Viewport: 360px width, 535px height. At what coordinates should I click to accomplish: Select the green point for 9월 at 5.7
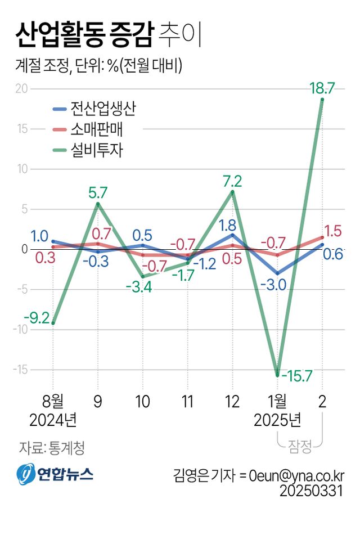[98, 204]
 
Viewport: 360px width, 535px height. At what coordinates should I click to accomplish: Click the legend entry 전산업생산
[103, 109]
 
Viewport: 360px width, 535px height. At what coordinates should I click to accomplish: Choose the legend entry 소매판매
[97, 130]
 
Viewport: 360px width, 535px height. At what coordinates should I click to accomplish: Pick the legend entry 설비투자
[97, 150]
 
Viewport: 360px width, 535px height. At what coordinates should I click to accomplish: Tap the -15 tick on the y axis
[20, 370]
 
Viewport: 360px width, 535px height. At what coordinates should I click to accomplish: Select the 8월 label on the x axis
[53, 401]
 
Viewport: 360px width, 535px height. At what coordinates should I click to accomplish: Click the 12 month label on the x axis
[232, 401]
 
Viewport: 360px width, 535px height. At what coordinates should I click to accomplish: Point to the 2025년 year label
[278, 420]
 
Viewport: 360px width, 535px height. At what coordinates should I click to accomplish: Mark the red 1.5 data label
[335, 231]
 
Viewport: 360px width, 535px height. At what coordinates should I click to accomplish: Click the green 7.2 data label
[232, 181]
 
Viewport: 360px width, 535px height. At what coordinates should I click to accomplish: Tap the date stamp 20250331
[312, 491]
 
